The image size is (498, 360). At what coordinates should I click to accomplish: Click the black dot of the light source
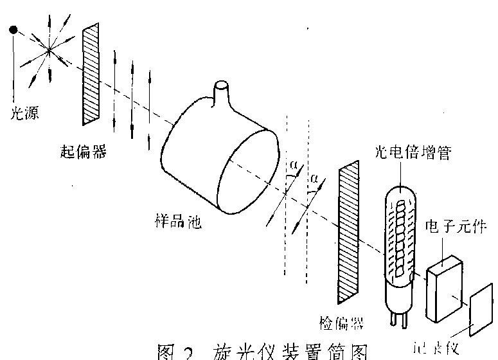tap(12, 29)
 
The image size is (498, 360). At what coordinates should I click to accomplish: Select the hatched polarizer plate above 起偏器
tap(90, 74)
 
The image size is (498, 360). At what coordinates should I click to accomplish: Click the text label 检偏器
tap(337, 319)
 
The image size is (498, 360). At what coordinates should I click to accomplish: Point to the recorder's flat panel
tap(483, 307)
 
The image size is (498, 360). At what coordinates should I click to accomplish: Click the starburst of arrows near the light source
tap(48, 48)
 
